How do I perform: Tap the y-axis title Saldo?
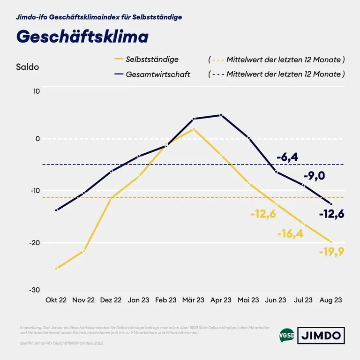click(x=28, y=67)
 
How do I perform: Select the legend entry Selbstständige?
click(x=152, y=60)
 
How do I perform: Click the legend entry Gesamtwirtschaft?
click(x=157, y=74)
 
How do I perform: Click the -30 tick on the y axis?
click(x=35, y=290)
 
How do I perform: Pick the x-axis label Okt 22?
click(x=56, y=300)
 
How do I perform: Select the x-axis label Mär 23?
click(x=193, y=300)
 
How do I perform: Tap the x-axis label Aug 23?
click(x=331, y=300)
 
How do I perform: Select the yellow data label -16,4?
click(x=290, y=234)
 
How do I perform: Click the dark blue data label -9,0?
click(x=314, y=176)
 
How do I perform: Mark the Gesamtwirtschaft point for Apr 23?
click(x=221, y=115)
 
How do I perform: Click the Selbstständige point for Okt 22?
click(x=56, y=269)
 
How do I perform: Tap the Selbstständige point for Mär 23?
click(x=194, y=129)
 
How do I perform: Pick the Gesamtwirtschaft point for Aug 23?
click(x=331, y=204)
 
